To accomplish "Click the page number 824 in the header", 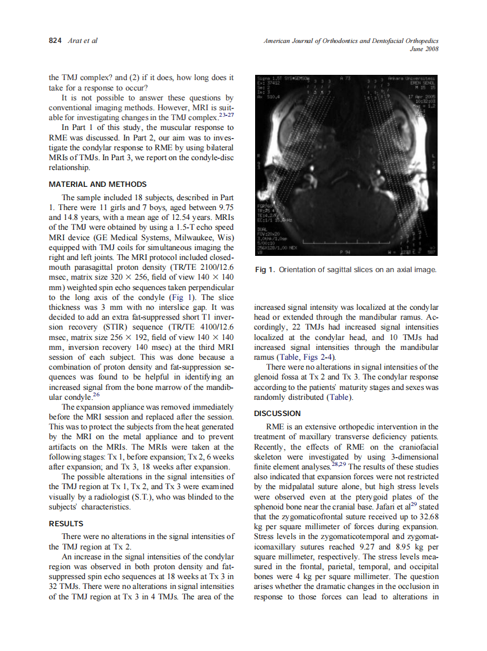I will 55,41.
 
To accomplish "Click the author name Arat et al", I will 82,41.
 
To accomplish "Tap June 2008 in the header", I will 425,49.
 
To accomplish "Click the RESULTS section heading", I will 66,524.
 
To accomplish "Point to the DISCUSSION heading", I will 277,413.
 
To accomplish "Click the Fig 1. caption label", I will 265,270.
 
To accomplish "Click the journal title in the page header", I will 350,41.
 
